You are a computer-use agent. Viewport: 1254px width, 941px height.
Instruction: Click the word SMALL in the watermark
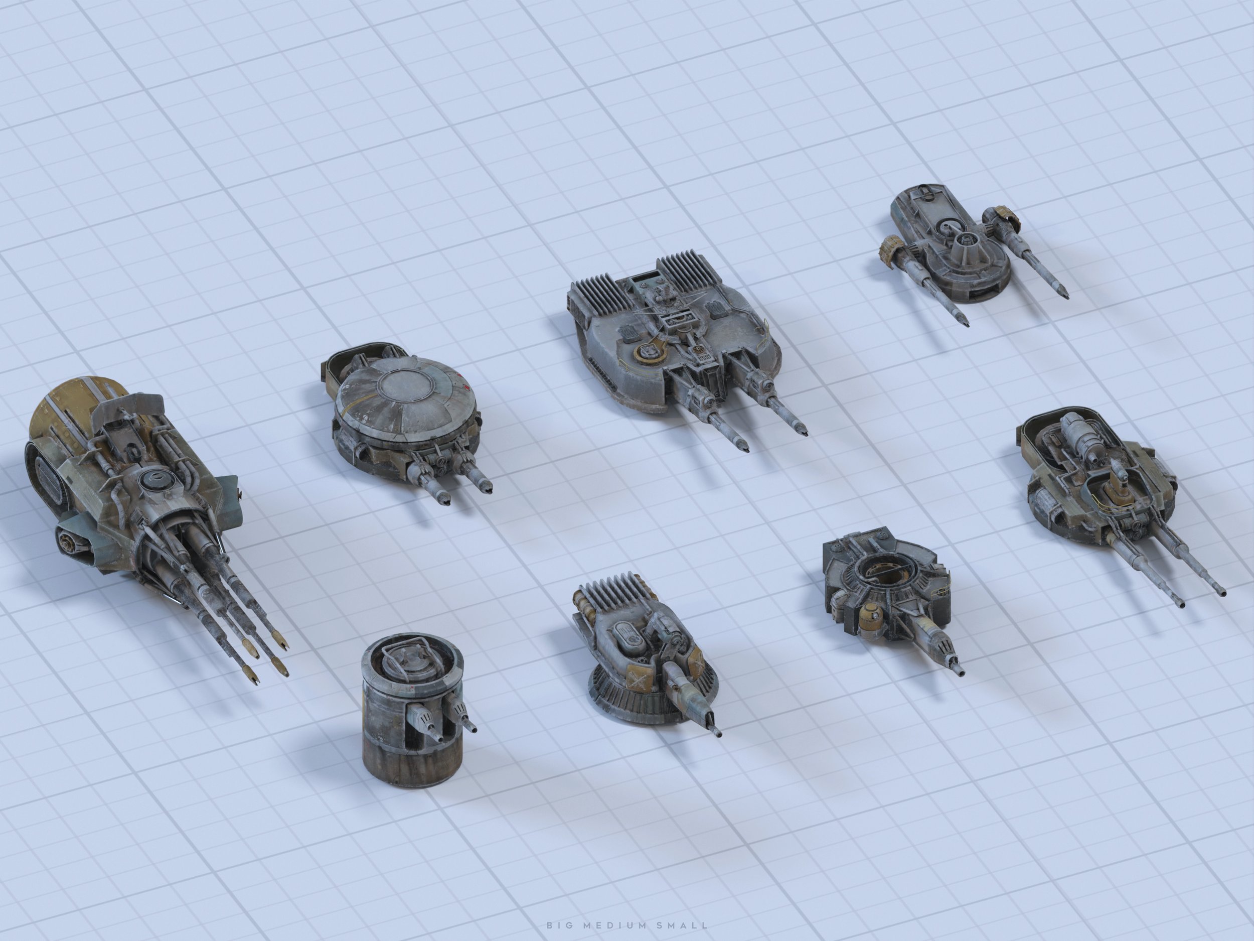coord(678,925)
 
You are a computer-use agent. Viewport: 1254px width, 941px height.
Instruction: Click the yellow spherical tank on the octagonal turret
coord(870,619)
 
